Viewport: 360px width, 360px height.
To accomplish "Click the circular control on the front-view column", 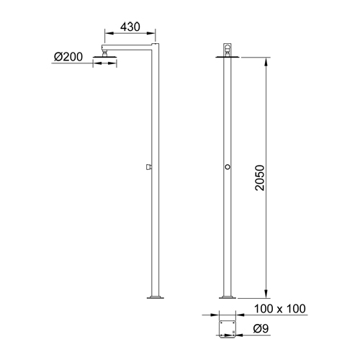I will pos(228,166).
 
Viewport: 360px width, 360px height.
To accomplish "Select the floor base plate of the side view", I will pos(155,296).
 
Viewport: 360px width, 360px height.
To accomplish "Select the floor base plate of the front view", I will pos(228,296).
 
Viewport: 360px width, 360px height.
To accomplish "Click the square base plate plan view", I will pos(228,328).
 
